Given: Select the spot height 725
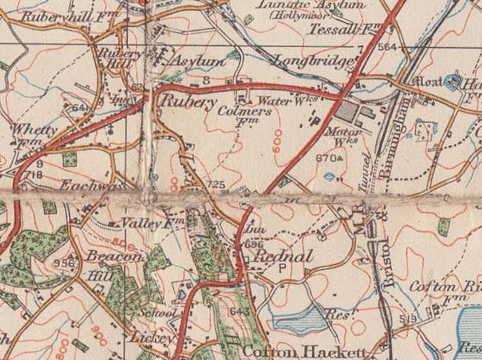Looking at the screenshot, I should pyautogui.click(x=214, y=185).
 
